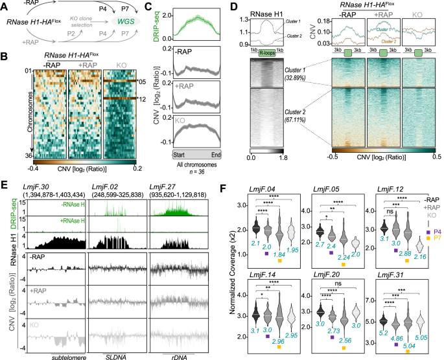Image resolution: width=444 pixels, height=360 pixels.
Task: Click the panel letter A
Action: click(x=5, y=5)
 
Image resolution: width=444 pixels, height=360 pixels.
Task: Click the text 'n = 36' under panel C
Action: click(x=195, y=172)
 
